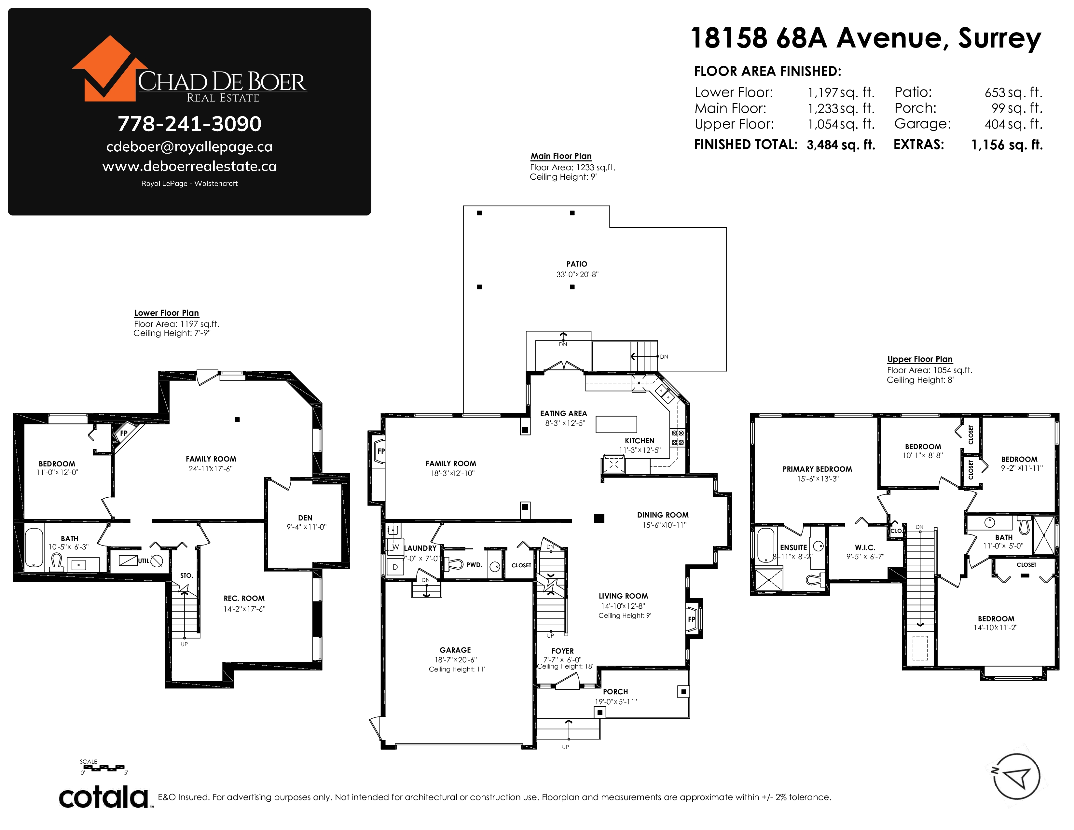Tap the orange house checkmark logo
click(109, 69)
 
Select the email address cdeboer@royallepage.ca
click(189, 146)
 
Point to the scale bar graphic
click(103, 768)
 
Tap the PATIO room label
click(577, 264)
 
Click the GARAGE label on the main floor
click(455, 650)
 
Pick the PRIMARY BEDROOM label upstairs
click(817, 469)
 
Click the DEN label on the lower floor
click(305, 518)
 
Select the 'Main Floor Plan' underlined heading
click(561, 156)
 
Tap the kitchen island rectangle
click(616, 424)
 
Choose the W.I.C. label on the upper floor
click(865, 547)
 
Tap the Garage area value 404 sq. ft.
click(1013, 124)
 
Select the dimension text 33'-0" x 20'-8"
click(577, 274)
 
